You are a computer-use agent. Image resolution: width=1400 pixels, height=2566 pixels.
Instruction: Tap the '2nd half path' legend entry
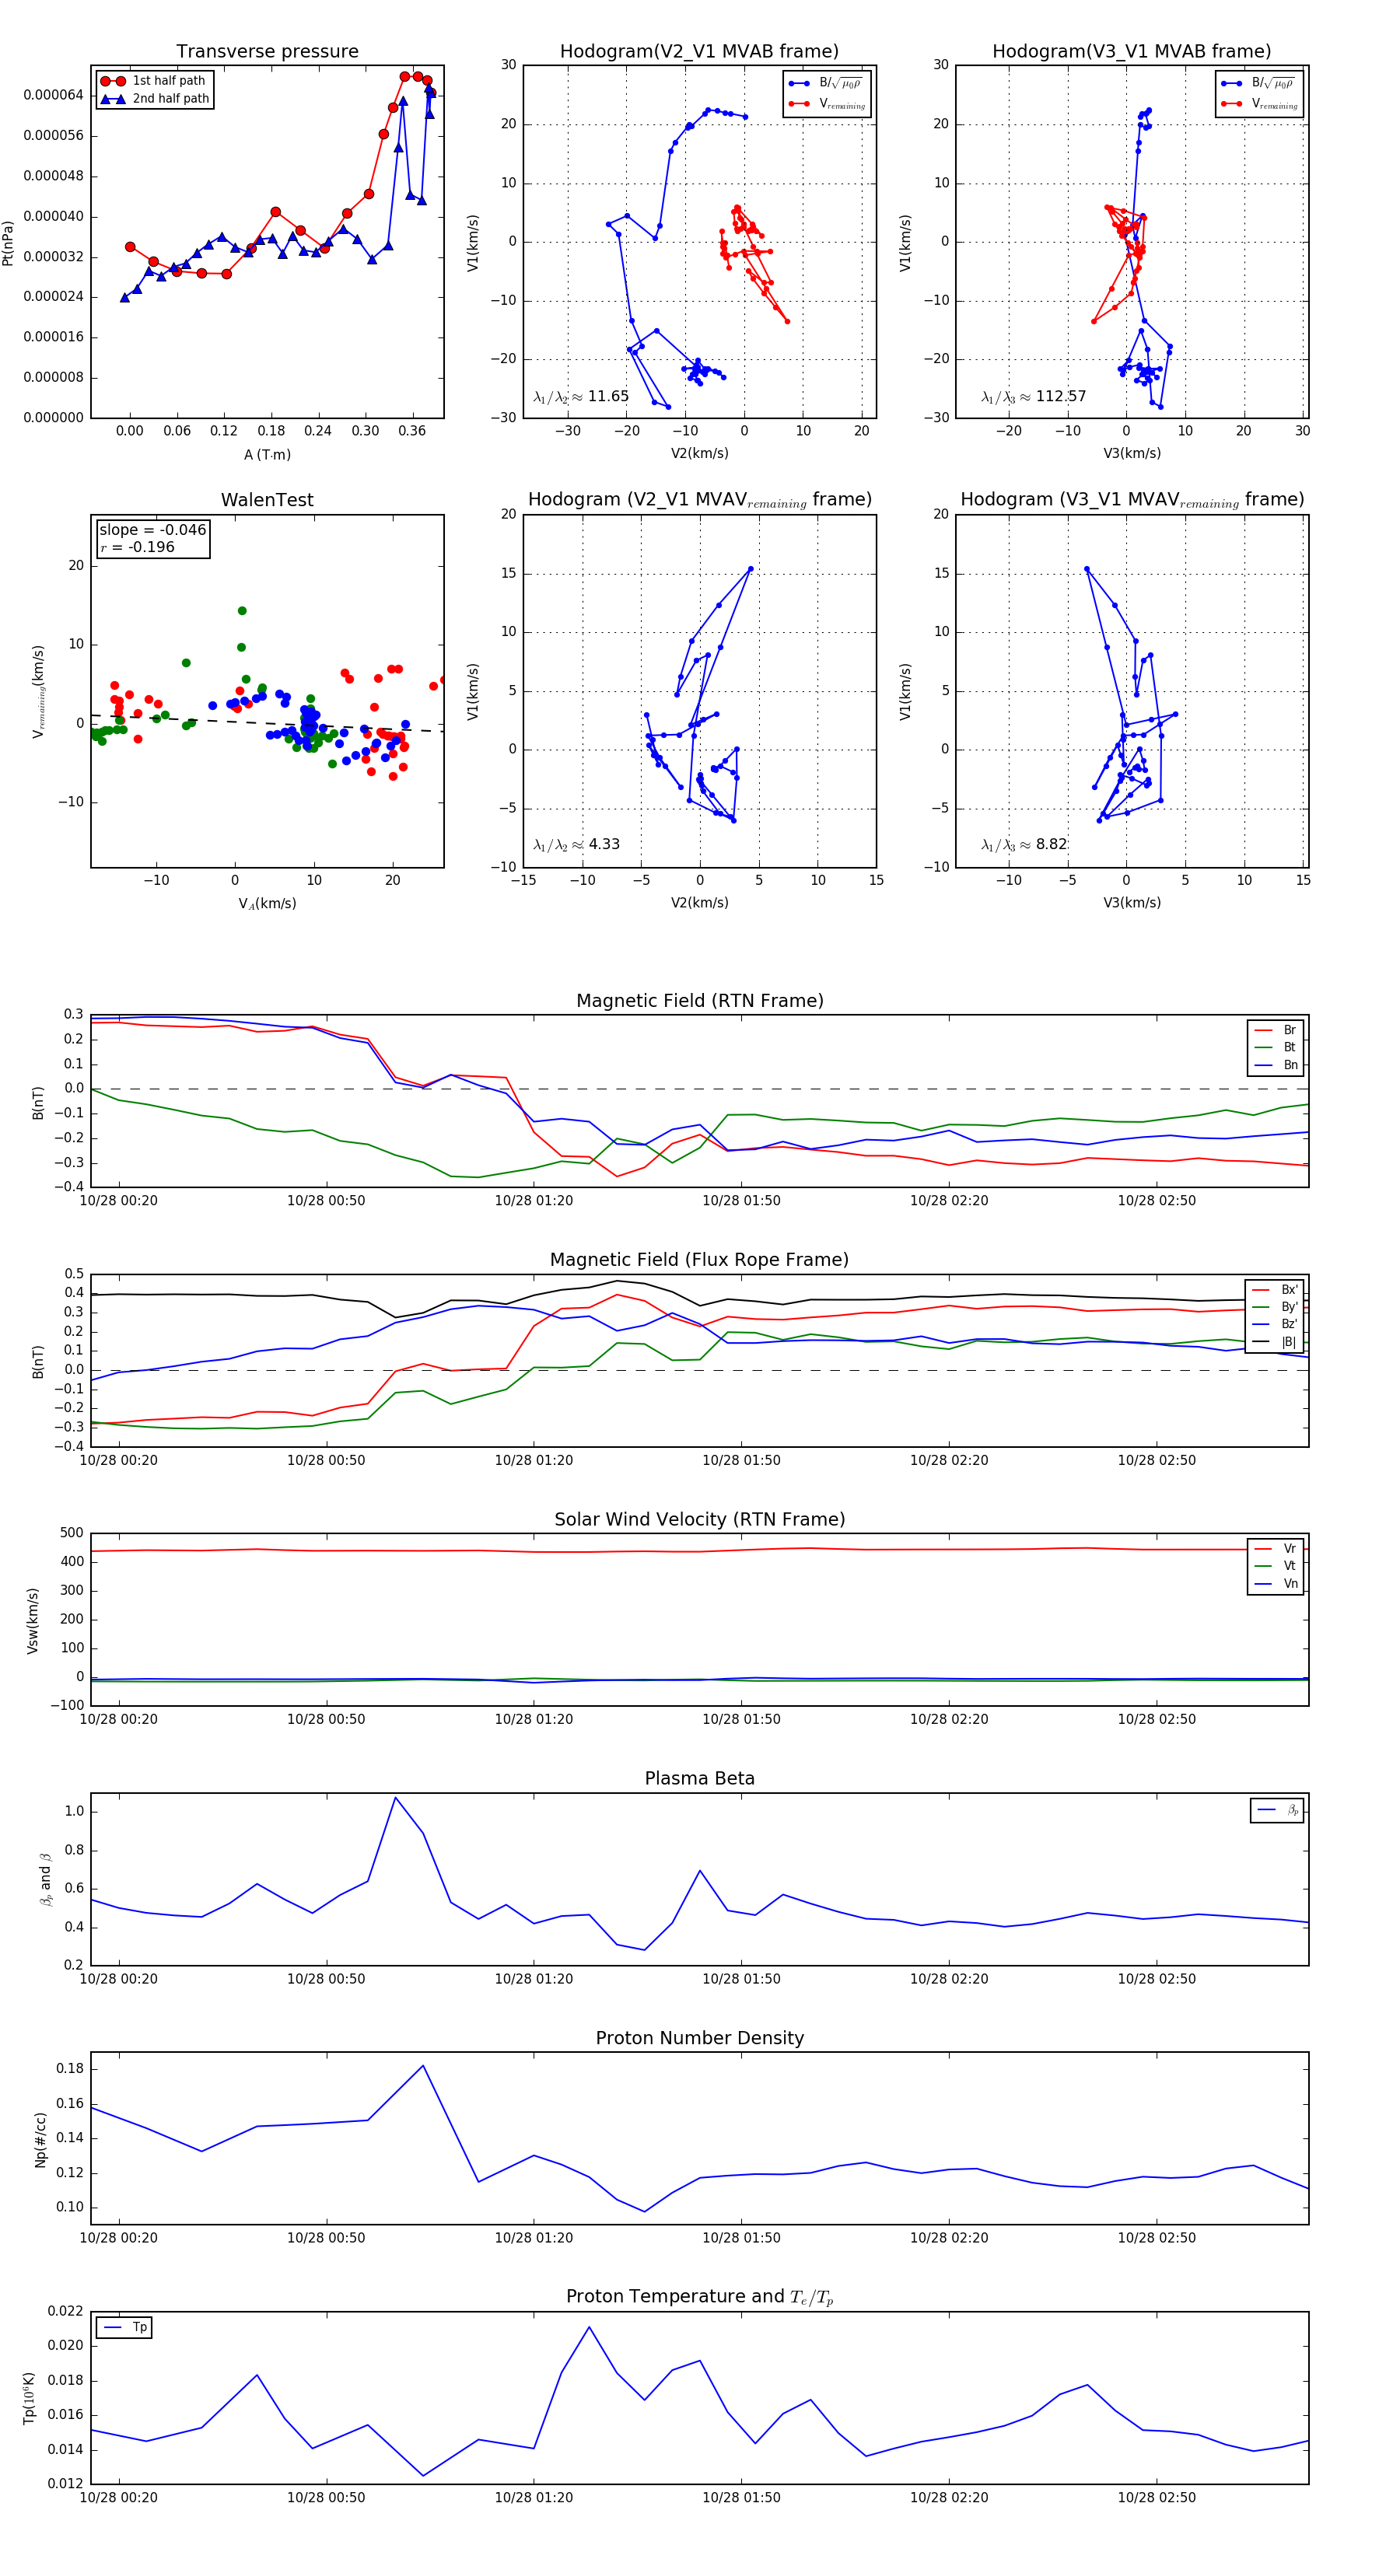(x=170, y=99)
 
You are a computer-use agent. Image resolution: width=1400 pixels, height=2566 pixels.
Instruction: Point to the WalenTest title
(x=267, y=500)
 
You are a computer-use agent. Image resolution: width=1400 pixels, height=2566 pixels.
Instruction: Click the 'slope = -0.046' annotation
(x=152, y=530)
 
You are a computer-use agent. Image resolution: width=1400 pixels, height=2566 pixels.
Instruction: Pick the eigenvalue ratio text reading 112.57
(x=1034, y=397)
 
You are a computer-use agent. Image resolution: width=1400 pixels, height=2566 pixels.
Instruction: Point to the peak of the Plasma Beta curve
(x=396, y=1798)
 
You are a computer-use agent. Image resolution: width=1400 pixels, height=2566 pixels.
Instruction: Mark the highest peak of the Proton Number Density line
(x=422, y=2065)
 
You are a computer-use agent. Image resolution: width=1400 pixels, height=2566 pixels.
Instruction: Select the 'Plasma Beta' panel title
(x=699, y=1779)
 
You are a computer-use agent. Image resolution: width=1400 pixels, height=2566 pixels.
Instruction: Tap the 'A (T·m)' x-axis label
(x=267, y=455)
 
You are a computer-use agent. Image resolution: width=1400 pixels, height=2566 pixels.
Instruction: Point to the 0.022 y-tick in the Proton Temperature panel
(x=66, y=2311)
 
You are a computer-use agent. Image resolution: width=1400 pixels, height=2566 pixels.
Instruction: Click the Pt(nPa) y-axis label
(x=8, y=242)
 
